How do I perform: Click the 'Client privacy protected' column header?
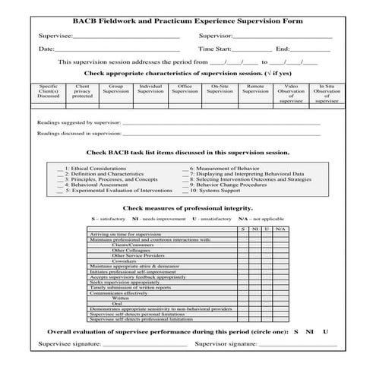(82, 92)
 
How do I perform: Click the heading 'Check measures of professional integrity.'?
(188, 207)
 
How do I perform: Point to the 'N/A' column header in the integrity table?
(280, 229)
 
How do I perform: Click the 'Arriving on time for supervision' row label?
(125, 235)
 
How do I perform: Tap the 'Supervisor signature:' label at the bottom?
(224, 344)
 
